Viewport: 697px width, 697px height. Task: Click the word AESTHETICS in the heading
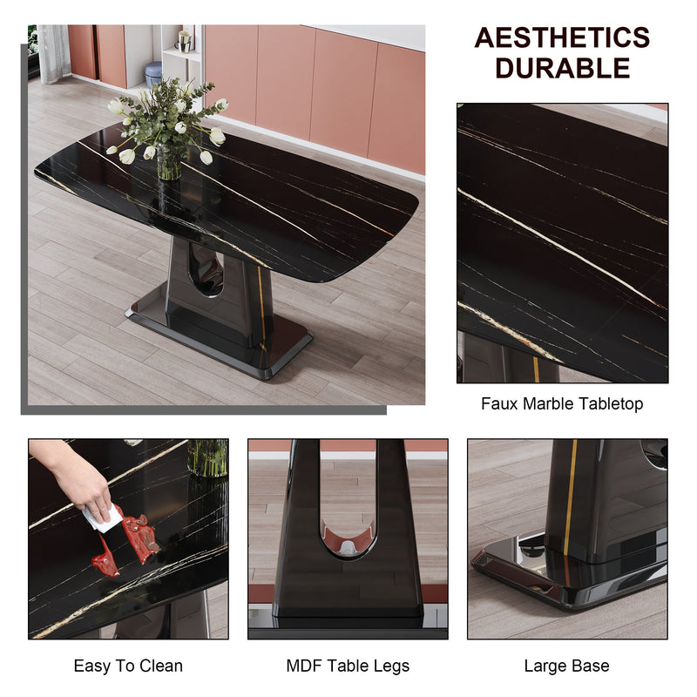click(x=562, y=38)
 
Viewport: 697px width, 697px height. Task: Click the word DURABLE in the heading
click(x=562, y=68)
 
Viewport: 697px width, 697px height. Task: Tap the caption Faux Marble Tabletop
click(x=562, y=404)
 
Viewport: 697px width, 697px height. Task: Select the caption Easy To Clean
click(x=128, y=667)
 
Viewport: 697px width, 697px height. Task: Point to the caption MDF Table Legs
click(x=348, y=667)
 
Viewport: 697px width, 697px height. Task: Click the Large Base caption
click(x=566, y=667)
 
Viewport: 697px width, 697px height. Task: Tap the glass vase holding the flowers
click(x=169, y=164)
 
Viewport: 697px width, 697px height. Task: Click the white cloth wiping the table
click(x=103, y=518)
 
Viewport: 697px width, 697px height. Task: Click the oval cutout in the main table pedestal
click(x=206, y=269)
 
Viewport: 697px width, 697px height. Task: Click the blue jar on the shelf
click(x=153, y=73)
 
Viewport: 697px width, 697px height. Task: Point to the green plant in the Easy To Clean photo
click(x=207, y=457)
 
